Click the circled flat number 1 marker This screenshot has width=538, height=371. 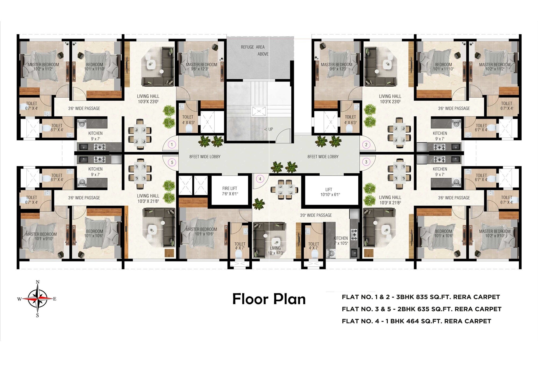172,144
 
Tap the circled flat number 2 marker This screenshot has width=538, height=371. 366,144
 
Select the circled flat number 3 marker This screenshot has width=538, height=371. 366,162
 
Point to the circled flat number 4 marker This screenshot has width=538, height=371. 260,179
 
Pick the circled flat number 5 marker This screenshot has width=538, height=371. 172,162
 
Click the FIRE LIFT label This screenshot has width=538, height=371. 230,191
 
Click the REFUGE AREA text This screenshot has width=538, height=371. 253,47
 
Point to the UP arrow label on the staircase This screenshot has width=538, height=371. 269,129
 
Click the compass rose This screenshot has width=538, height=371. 37,299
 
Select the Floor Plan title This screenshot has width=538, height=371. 269,299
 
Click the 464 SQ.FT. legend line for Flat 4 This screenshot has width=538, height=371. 416,321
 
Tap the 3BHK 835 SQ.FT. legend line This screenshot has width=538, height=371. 421,297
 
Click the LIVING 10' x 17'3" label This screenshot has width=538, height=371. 276,250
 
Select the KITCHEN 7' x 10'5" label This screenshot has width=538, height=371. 341,241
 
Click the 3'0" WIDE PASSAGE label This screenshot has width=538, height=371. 316,215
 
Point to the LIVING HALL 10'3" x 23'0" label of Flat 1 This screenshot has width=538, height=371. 148,99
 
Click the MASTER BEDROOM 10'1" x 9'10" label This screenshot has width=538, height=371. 41,236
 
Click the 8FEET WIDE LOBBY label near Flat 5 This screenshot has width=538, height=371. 205,157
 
